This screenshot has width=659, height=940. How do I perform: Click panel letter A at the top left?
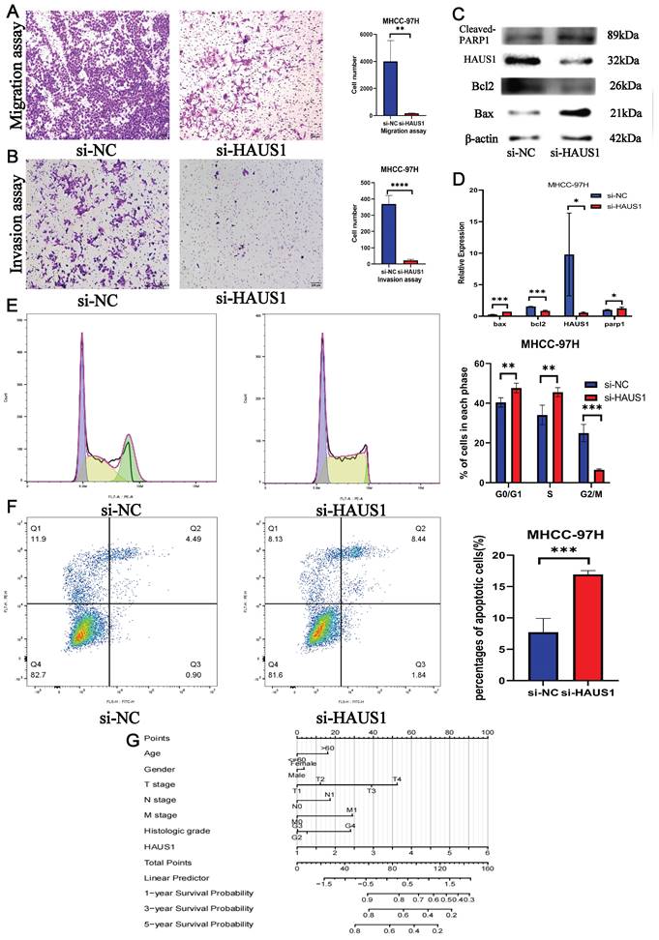[x=12, y=14]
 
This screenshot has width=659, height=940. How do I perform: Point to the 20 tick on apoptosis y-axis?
[x=496, y=556]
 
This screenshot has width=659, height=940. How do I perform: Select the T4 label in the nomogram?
[x=397, y=779]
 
